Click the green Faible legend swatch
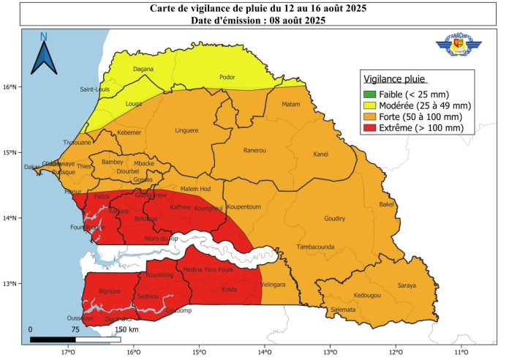pyautogui.click(x=370, y=94)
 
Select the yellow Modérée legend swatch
pyautogui.click(x=370, y=105)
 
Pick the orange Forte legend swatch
pyautogui.click(x=370, y=116)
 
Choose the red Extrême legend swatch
pyautogui.click(x=370, y=127)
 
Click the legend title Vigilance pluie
pyautogui.click(x=394, y=79)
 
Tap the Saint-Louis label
pyautogui.click(x=95, y=90)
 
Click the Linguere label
pyautogui.click(x=186, y=131)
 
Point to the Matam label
pyautogui.click(x=291, y=104)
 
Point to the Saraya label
pyautogui.click(x=407, y=285)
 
